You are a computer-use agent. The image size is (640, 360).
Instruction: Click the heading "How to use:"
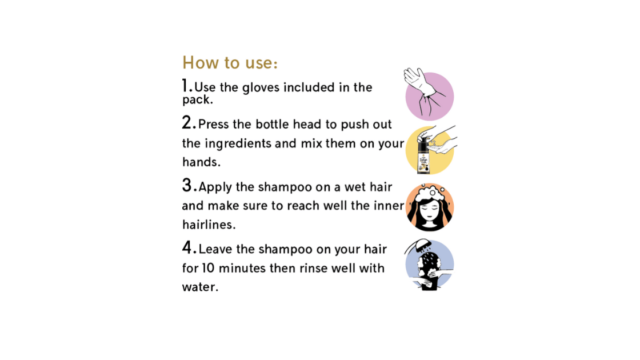tap(230, 62)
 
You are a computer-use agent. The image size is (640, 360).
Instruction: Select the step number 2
tap(189, 122)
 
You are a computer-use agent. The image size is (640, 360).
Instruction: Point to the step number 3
tap(189, 185)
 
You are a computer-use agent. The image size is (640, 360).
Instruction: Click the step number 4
tap(189, 247)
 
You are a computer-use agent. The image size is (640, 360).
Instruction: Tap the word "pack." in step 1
tap(198, 100)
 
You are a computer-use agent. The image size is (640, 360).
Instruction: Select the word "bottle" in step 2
tap(272, 124)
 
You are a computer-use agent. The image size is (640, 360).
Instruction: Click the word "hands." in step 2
tap(201, 162)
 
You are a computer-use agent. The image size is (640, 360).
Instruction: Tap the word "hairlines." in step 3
tap(209, 225)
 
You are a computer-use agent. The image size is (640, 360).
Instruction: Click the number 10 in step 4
tap(208, 268)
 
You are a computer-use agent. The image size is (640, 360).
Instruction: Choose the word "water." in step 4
tap(200, 287)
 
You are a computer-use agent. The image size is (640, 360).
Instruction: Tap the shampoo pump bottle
tap(423, 155)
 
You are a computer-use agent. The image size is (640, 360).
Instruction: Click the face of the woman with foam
tap(429, 212)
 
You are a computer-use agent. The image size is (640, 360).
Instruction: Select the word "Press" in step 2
tap(213, 124)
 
